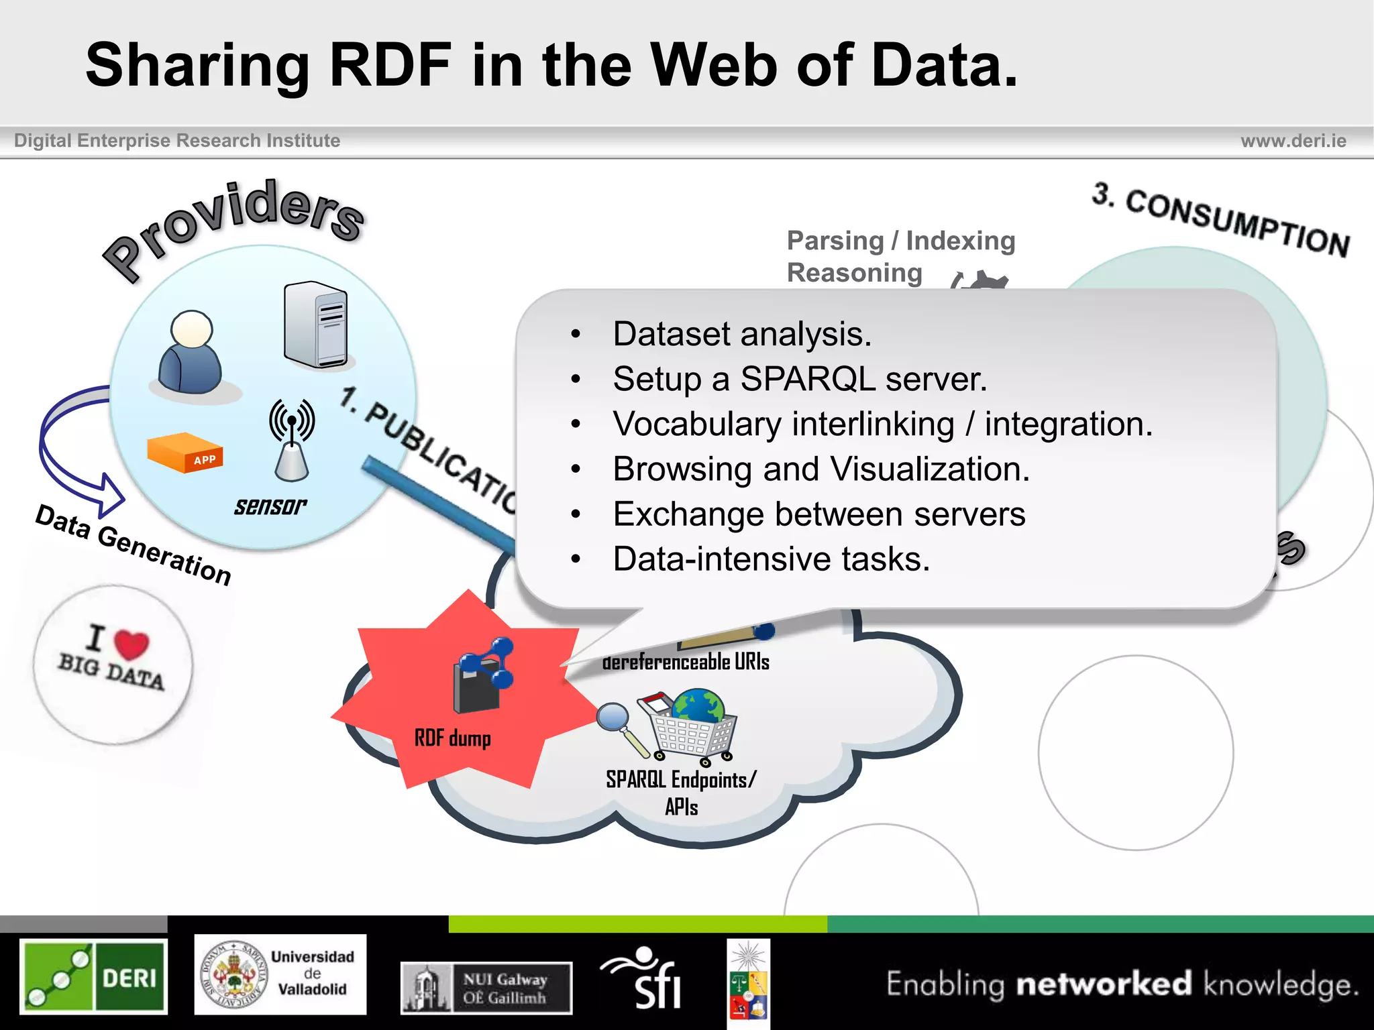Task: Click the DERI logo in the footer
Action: (x=94, y=976)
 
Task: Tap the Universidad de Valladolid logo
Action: (x=280, y=974)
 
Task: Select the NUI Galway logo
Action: (x=486, y=988)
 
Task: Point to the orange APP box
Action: (x=185, y=453)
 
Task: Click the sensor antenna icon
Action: (x=292, y=440)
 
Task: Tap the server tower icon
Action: (x=315, y=325)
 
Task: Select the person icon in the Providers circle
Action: (x=191, y=353)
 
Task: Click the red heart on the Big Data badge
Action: (x=131, y=643)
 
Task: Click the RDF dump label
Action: (x=453, y=738)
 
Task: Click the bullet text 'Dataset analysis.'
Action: (x=742, y=334)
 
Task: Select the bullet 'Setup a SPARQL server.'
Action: (x=800, y=379)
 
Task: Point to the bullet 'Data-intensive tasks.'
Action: (x=772, y=559)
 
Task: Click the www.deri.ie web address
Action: (x=1293, y=141)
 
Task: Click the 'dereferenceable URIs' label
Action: (x=686, y=663)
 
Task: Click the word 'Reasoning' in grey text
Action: (x=855, y=273)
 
